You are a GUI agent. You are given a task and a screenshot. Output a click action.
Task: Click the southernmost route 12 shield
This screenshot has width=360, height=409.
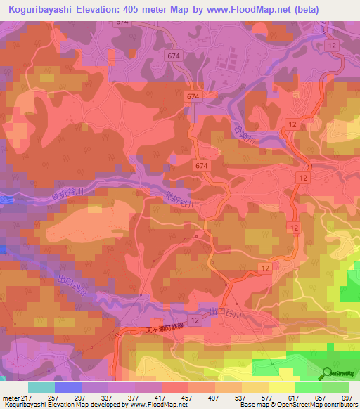(195, 320)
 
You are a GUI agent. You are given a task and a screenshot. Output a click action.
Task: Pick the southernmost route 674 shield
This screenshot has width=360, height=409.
(202, 164)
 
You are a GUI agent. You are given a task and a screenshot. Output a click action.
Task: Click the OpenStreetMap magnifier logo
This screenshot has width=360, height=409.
(328, 373)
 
